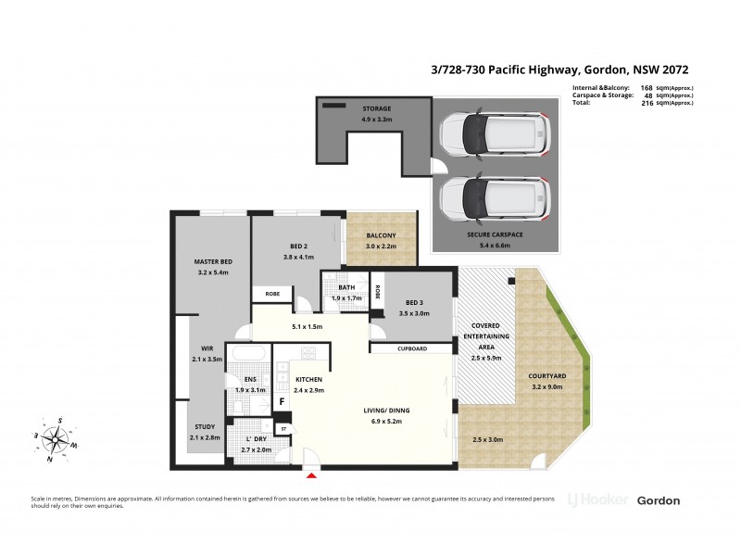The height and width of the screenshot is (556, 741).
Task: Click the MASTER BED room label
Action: [212, 262]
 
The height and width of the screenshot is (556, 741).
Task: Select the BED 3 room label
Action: [415, 303]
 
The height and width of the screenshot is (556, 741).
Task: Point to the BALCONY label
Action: [380, 235]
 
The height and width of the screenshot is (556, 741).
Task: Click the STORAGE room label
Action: [376, 109]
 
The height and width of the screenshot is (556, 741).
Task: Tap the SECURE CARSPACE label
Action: [496, 235]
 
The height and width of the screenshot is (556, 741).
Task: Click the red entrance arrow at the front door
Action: [310, 475]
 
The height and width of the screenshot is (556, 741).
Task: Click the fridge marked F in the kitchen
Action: [282, 402]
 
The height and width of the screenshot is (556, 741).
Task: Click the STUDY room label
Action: [204, 426]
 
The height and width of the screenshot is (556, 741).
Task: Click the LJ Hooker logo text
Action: [597, 500]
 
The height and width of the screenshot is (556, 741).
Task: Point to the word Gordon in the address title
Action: [607, 69]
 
